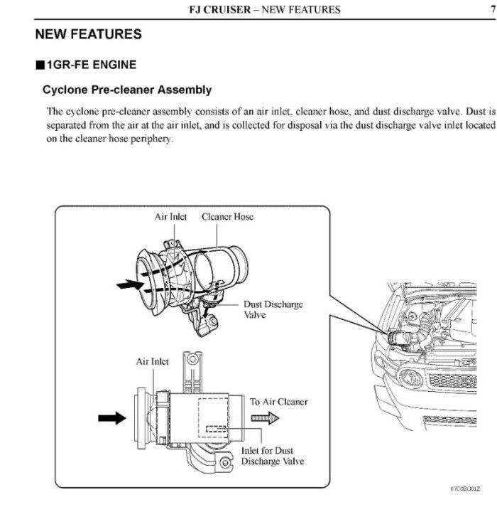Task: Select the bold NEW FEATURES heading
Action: tap(88, 34)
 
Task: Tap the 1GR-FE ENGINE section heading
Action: tap(91, 65)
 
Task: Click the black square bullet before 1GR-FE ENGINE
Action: tap(40, 65)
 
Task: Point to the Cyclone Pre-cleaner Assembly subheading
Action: tap(127, 90)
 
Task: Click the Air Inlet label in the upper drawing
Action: tap(170, 217)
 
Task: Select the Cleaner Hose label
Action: tap(227, 217)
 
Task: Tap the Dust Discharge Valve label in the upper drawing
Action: tap(273, 309)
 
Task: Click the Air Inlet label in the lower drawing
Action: tap(152, 361)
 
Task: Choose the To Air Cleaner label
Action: tap(278, 402)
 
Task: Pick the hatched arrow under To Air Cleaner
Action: tap(266, 420)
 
